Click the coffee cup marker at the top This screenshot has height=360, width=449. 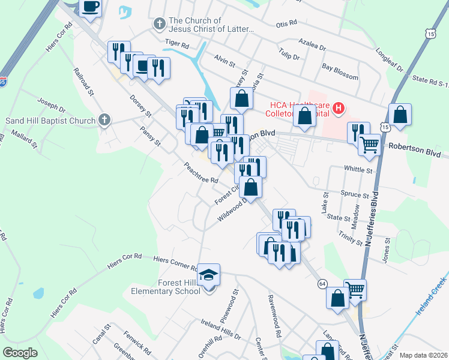91,8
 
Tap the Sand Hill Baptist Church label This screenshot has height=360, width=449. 50,121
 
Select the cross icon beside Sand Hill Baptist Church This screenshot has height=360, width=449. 105,120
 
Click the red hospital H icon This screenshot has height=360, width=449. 339,109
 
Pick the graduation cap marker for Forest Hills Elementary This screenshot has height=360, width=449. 209,275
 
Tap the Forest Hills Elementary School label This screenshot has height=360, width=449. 166,286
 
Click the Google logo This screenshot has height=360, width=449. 20,353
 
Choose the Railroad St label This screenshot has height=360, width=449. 83,82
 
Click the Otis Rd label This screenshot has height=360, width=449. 286,23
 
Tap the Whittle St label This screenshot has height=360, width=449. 358,170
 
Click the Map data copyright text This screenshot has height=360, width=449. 422,355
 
